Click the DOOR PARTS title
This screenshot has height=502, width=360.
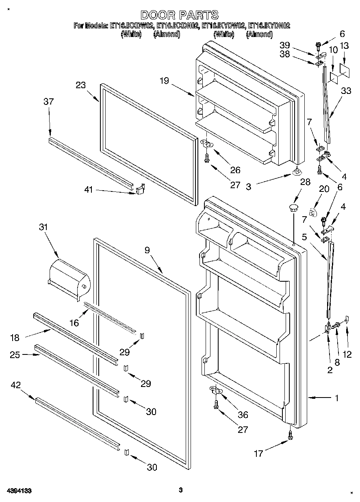pyautogui.click(x=179, y=15)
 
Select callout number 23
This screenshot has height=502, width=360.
pyautogui.click(x=81, y=85)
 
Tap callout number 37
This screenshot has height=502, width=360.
pyautogui.click(x=48, y=102)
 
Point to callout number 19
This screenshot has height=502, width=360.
pyautogui.click(x=164, y=81)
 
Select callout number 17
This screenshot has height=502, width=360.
pyautogui.click(x=258, y=453)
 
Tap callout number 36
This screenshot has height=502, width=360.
pyautogui.click(x=243, y=415)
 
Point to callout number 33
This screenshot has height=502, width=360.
pyautogui.click(x=346, y=91)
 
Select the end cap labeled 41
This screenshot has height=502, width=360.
pyautogui.click(x=140, y=187)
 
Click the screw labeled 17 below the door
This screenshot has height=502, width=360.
pyautogui.click(x=290, y=435)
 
